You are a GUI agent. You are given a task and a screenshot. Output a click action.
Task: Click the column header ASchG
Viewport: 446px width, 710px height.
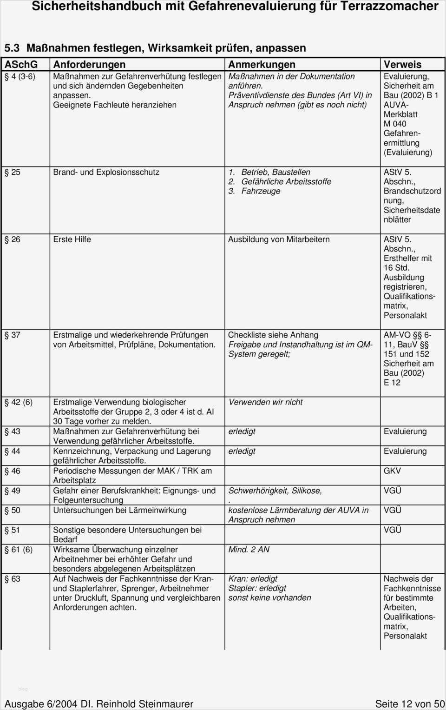(x=21, y=65)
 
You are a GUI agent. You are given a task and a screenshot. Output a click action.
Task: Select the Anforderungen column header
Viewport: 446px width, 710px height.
(x=89, y=65)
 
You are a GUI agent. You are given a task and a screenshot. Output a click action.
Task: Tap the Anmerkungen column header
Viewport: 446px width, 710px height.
(x=262, y=65)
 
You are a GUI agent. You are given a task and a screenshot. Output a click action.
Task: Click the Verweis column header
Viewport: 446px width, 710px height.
(x=402, y=65)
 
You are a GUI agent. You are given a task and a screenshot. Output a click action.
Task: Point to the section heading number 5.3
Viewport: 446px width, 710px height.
(x=12, y=48)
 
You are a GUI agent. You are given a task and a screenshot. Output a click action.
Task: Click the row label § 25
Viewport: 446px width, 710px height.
(x=13, y=173)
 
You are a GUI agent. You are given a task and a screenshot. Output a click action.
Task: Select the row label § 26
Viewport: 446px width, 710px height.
(x=13, y=240)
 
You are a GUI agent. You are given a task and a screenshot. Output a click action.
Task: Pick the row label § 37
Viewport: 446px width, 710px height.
(x=13, y=335)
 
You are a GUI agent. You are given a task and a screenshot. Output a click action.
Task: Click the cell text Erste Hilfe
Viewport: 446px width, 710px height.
(x=72, y=240)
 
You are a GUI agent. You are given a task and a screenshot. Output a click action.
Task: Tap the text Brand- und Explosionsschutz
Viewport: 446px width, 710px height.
(x=106, y=173)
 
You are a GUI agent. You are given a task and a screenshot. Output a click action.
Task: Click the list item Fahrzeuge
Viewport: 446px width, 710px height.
(x=261, y=191)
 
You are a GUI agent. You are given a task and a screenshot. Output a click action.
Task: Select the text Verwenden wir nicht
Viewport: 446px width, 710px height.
(x=265, y=403)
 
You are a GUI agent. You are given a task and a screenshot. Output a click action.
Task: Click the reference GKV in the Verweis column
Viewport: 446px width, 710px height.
(x=392, y=471)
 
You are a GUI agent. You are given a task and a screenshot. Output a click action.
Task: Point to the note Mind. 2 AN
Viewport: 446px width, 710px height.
(x=249, y=550)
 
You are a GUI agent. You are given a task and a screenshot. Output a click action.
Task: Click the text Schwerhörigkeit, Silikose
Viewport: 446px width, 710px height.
(x=275, y=491)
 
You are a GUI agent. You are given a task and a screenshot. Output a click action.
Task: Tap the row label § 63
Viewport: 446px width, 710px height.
(x=13, y=579)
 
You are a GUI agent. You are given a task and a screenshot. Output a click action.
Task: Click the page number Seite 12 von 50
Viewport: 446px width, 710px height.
(x=409, y=704)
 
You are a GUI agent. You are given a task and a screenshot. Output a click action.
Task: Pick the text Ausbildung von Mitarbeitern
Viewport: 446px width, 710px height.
(x=279, y=240)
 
